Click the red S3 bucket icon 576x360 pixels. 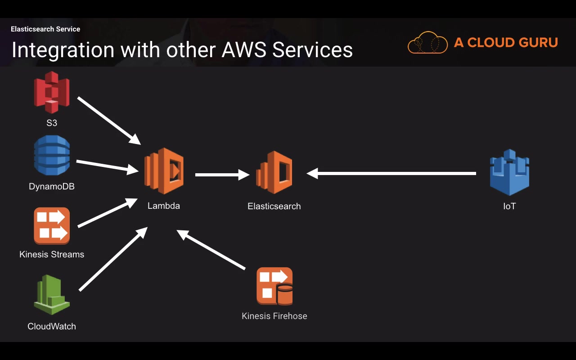click(52, 92)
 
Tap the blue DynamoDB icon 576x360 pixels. click(52, 155)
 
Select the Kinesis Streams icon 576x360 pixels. click(52, 225)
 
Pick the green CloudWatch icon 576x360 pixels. click(52, 295)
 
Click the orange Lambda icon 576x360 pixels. click(164, 171)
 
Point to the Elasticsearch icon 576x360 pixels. click(274, 172)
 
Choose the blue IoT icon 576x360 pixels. click(509, 172)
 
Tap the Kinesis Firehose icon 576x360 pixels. click(274, 286)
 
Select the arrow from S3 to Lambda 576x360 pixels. click(109, 120)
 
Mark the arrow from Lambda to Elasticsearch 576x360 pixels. click(222, 174)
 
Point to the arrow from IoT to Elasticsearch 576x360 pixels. click(391, 173)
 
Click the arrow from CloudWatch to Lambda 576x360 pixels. click(113, 259)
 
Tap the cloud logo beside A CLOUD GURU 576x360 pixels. click(427, 43)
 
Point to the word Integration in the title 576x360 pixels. click(63, 49)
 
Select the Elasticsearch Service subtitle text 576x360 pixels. click(45, 29)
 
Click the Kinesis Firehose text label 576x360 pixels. click(274, 316)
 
